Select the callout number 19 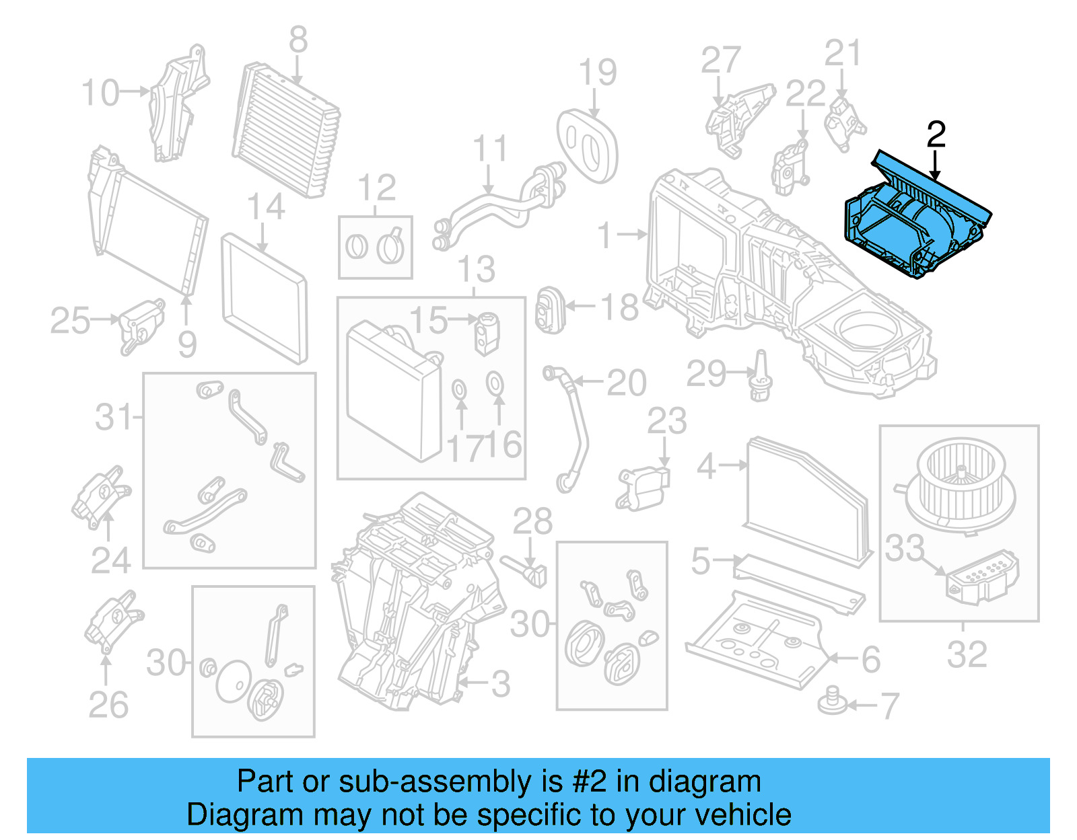tap(597, 73)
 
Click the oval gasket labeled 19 tap(587, 145)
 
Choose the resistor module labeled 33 tap(982, 576)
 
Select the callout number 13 tap(476, 270)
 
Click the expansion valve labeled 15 tap(485, 332)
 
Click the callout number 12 tap(376, 188)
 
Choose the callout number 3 tap(500, 684)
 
